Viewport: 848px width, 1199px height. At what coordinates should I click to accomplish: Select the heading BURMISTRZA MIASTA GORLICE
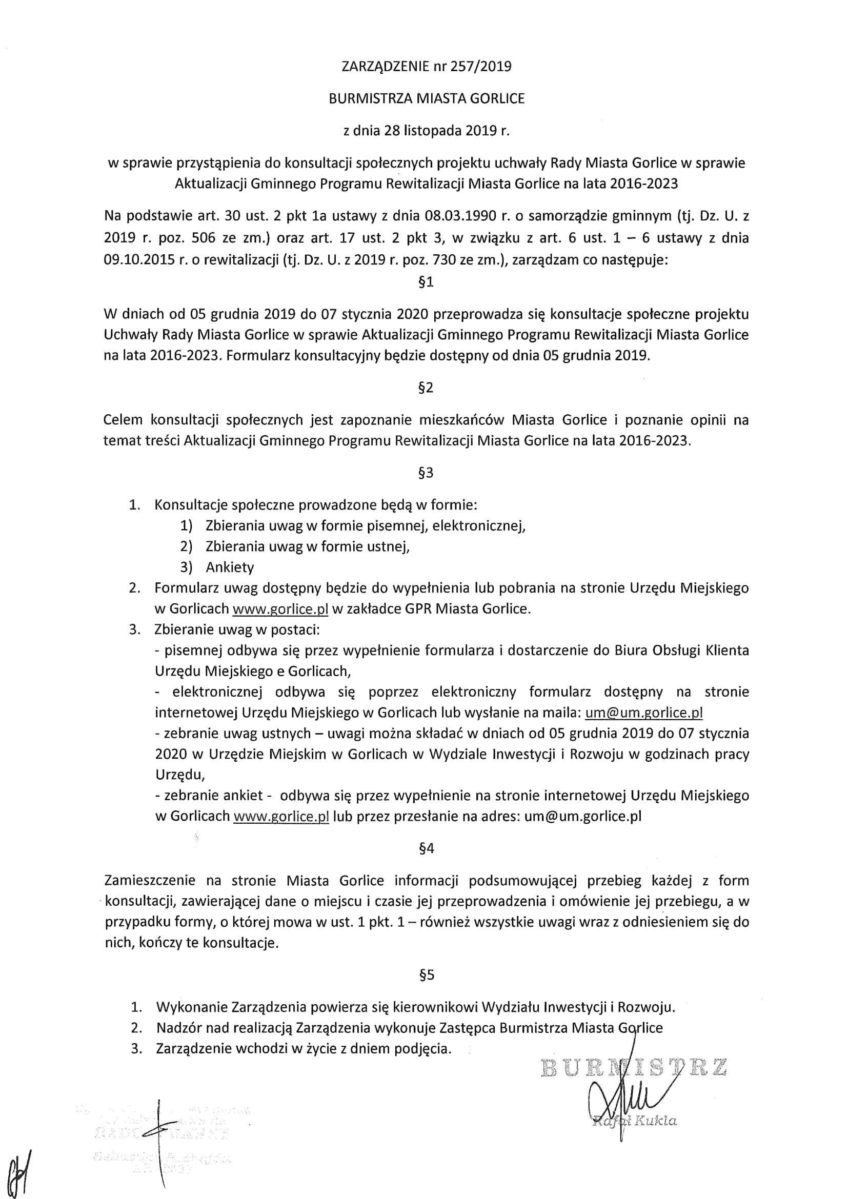[x=427, y=99]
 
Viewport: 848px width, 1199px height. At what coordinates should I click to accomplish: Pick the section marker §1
[x=426, y=282]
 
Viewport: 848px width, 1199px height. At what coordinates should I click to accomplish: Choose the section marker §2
[x=426, y=388]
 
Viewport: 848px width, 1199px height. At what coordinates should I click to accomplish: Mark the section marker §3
[x=426, y=473]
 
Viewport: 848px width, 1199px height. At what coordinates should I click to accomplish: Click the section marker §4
[x=426, y=848]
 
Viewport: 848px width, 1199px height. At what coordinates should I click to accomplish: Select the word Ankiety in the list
[x=230, y=567]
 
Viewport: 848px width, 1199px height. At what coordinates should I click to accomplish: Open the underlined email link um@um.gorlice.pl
[x=644, y=713]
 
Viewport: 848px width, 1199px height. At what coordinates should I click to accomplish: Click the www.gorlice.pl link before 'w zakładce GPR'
[x=280, y=609]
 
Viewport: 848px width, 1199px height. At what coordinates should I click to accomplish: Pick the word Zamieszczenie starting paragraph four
[x=150, y=881]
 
